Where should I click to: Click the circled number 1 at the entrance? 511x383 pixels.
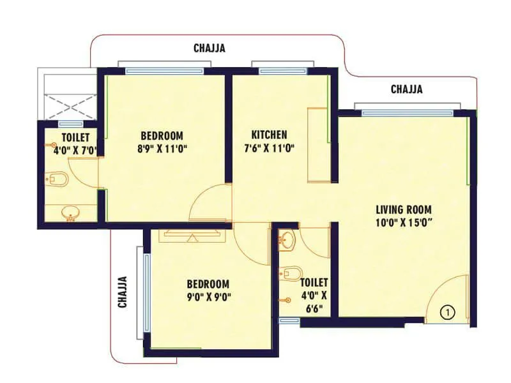pyautogui.click(x=448, y=312)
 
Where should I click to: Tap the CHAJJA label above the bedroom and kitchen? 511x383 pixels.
pyautogui.click(x=210, y=48)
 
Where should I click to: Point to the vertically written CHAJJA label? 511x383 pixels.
pyautogui.click(x=123, y=292)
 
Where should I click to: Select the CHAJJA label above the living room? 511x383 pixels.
pyautogui.click(x=407, y=89)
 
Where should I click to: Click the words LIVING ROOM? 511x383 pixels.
pyautogui.click(x=403, y=209)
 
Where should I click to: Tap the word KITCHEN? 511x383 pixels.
pyautogui.click(x=269, y=135)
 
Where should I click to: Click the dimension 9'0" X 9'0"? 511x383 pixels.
pyautogui.click(x=208, y=296)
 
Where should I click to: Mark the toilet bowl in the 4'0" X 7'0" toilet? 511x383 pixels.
pyautogui.click(x=57, y=179)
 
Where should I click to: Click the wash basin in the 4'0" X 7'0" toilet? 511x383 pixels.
pyautogui.click(x=70, y=213)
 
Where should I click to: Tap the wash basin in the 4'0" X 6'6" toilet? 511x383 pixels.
pyautogui.click(x=288, y=241)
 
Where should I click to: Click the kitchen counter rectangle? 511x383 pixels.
pyautogui.click(x=317, y=145)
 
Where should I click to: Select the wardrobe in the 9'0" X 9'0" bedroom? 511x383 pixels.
pyautogui.click(x=193, y=233)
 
